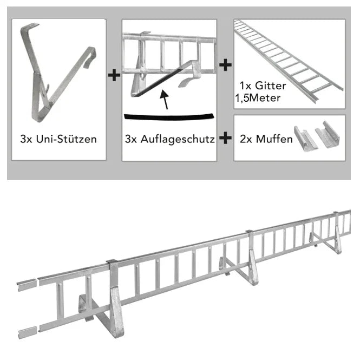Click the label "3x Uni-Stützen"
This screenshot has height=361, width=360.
(58, 139)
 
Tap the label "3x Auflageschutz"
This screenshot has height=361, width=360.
(169, 139)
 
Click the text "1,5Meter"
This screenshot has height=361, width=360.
(258, 98)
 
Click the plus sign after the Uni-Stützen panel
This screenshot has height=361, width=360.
(114, 75)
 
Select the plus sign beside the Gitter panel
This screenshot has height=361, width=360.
(225, 65)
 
